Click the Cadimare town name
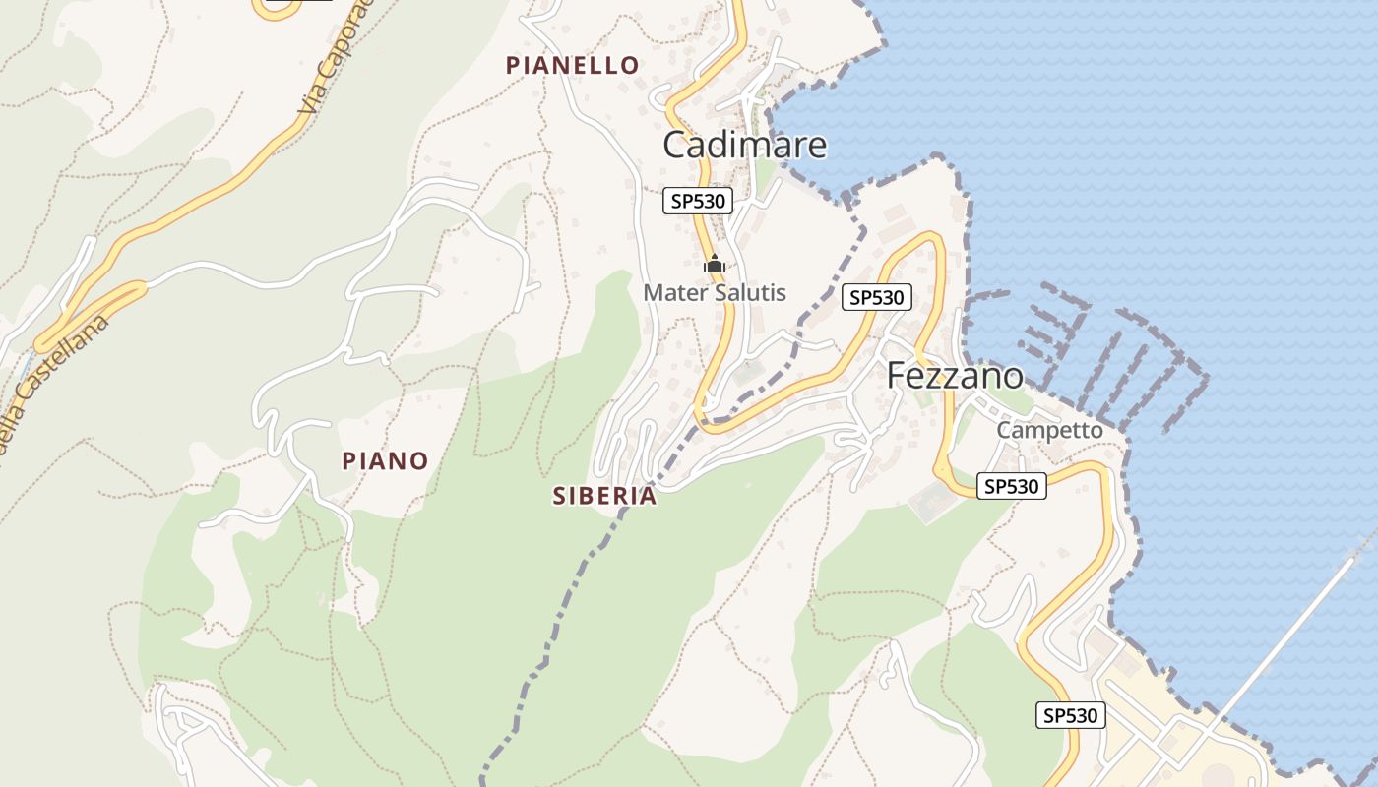tap(744, 145)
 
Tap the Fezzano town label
tap(954, 376)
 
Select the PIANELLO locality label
tap(572, 65)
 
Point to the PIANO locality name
tap(385, 460)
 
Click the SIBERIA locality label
tap(604, 496)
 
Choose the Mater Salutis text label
tap(715, 292)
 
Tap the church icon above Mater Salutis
tap(715, 264)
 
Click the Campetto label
tap(1049, 430)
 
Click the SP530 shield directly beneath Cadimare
tap(698, 202)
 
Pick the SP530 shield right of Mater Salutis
tap(877, 297)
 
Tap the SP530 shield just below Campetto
tap(1011, 485)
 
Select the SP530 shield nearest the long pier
tap(1071, 715)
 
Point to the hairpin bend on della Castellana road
tap(44, 342)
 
